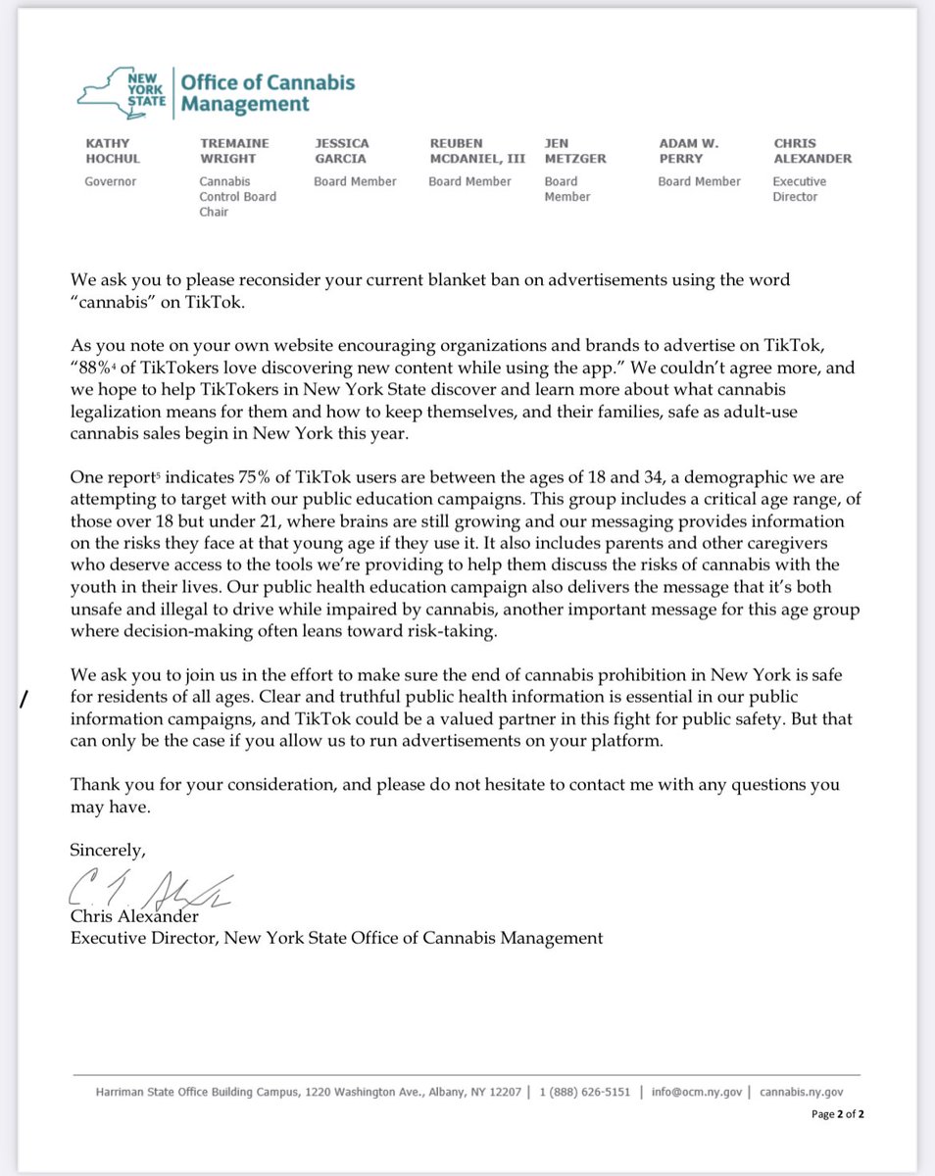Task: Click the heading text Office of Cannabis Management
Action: [268, 93]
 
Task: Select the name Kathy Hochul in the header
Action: [115, 150]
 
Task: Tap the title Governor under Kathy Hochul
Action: [111, 181]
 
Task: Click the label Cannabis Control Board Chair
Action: [237, 196]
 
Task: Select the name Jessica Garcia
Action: [342, 150]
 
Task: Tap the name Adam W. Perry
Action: [688, 150]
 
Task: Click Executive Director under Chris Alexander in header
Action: [799, 189]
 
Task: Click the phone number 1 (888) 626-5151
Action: [584, 1092]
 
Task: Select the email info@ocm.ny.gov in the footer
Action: [700, 1092]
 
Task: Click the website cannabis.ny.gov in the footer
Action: [801, 1092]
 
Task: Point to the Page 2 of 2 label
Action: [837, 1114]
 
